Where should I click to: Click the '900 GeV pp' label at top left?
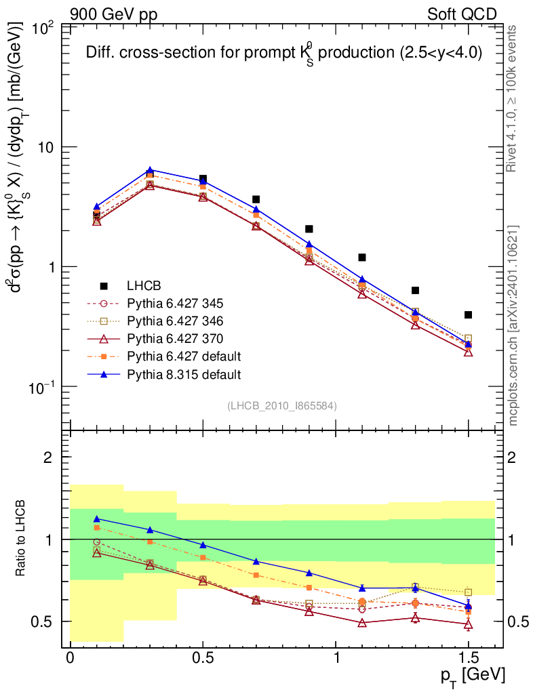pyautogui.click(x=113, y=14)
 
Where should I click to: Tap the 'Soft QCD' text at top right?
pyautogui.click(x=462, y=14)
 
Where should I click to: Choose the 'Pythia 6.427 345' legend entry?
pyautogui.click(x=184, y=303)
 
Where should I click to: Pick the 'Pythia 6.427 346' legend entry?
pyautogui.click(x=184, y=321)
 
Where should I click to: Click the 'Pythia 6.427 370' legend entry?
pyautogui.click(x=184, y=338)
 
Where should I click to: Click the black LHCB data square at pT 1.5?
pyautogui.click(x=468, y=314)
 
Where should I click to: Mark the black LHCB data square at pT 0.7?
pyautogui.click(x=256, y=199)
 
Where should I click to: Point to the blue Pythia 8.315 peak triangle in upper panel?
pyautogui.click(x=150, y=170)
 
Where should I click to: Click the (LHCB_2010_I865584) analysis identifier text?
pyautogui.click(x=282, y=405)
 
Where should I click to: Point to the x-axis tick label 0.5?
pyautogui.click(x=203, y=659)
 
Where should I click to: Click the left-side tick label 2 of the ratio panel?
pyautogui.click(x=48, y=457)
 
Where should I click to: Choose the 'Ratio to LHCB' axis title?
pyautogui.click(x=23, y=539)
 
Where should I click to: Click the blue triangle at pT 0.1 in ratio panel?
pyautogui.click(x=97, y=518)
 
